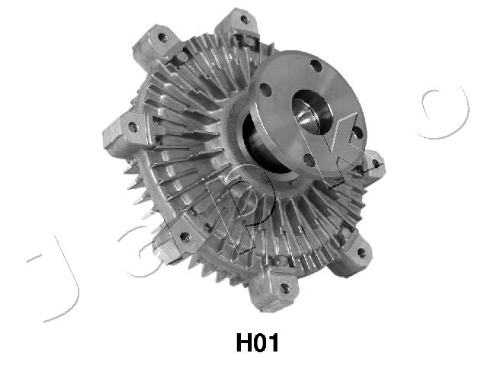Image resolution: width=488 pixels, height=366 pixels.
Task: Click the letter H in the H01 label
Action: (x=244, y=342)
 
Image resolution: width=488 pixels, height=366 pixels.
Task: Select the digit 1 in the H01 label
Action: (x=273, y=342)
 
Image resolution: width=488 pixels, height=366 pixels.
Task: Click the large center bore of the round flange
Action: (x=312, y=113)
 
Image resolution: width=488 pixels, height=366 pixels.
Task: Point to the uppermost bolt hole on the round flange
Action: (x=316, y=66)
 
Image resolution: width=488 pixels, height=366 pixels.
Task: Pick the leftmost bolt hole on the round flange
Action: (x=265, y=89)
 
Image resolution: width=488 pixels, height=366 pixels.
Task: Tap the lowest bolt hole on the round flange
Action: (x=308, y=161)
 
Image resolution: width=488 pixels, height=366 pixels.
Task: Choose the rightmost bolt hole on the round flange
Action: (x=358, y=132)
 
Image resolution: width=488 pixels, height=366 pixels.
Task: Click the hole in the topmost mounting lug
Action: (x=245, y=20)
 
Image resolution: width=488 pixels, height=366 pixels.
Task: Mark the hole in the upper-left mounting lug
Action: (x=162, y=37)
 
